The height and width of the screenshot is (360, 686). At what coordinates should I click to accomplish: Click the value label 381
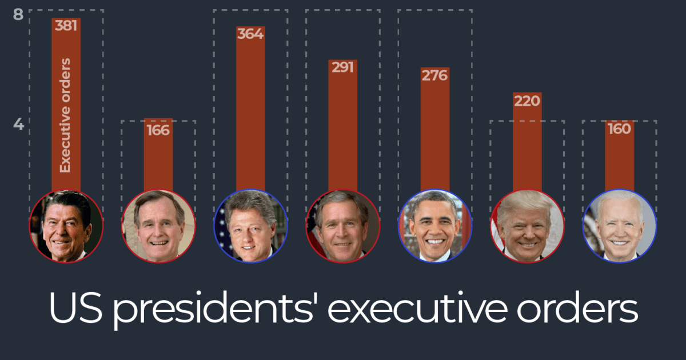pos(66,26)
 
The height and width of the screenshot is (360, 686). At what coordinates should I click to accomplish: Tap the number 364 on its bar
pos(250,34)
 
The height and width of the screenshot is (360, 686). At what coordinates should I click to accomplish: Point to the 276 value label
pos(434,75)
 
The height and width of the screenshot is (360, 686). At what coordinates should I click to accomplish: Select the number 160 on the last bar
pos(619,129)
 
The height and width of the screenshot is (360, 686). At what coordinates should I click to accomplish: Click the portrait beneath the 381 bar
pos(66,226)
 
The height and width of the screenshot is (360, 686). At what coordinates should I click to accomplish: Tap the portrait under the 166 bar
pos(158,226)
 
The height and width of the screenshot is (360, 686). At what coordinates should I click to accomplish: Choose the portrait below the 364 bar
pos(250,226)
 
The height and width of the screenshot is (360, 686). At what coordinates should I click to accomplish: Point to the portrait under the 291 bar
pos(342,226)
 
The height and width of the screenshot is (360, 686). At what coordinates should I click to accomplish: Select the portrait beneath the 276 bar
pos(434,226)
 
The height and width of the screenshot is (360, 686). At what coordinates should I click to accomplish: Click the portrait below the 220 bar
pos(527,226)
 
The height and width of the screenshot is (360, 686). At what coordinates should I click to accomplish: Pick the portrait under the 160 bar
pos(619,226)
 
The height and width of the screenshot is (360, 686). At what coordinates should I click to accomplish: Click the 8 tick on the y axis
pos(18,14)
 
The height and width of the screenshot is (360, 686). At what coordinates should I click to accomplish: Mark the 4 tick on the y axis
pos(18,124)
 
